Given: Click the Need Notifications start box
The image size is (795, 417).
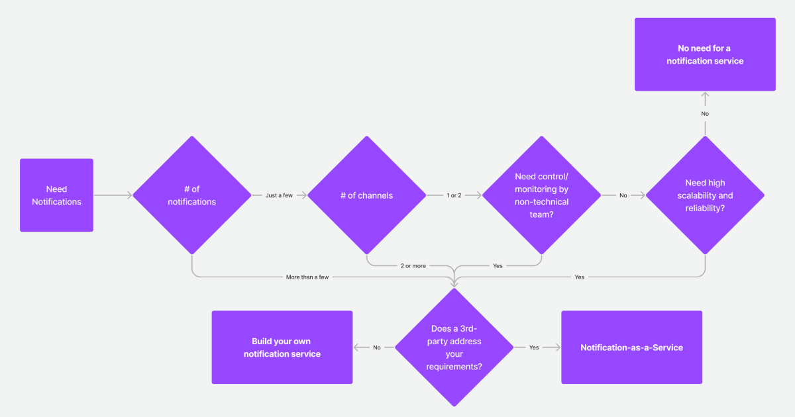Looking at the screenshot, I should (x=56, y=195).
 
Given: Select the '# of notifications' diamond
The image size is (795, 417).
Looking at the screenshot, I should (x=191, y=195).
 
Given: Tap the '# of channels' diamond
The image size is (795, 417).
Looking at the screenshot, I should (x=366, y=195).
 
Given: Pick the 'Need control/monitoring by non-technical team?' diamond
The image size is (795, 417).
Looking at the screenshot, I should (x=541, y=195).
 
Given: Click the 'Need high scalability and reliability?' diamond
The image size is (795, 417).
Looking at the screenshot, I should (x=705, y=195).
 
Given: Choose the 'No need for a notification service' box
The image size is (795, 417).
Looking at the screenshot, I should (x=705, y=54).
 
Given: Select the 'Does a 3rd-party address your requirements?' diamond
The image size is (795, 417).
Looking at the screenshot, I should (x=454, y=347).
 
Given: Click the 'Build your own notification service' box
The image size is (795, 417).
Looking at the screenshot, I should (x=282, y=347).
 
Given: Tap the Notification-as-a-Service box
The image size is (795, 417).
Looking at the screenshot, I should (x=631, y=347).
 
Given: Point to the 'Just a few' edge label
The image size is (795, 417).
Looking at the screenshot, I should (x=279, y=195).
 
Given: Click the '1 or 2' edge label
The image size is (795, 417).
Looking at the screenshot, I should (x=454, y=195).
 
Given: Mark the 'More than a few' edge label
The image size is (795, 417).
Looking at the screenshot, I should (x=307, y=277).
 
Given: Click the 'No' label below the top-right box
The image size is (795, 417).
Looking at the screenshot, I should (x=705, y=114).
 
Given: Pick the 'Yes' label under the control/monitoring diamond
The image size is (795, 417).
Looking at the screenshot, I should (x=498, y=265).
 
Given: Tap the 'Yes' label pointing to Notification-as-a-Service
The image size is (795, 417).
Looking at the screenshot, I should (x=534, y=347).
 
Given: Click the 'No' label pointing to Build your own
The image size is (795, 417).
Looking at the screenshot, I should (x=377, y=347).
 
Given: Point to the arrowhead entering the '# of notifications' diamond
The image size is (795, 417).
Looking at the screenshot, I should (x=130, y=195).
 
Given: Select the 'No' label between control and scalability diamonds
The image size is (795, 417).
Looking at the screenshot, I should (x=623, y=195).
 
